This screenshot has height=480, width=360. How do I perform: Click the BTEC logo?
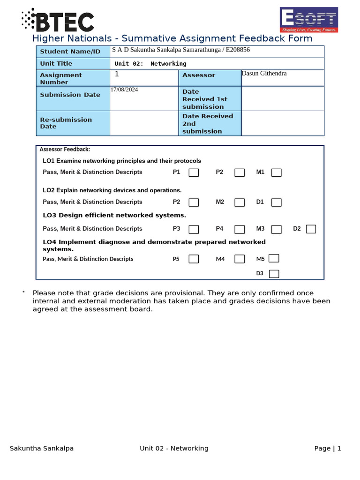point(58,21)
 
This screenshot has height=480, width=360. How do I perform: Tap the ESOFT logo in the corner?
point(308,20)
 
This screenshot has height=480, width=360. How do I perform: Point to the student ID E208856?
point(237,50)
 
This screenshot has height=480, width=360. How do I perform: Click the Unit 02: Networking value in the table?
point(150,64)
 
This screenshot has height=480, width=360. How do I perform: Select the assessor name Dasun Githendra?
point(264,74)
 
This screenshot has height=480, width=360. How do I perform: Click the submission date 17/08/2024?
point(124,90)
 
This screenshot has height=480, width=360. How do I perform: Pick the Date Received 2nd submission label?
point(208,124)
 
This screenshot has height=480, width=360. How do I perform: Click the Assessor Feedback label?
point(65,150)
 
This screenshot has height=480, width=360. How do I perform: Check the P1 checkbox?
point(194,172)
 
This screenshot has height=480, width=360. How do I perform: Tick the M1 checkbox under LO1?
point(277,172)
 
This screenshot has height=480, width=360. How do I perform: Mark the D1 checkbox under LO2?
point(277,202)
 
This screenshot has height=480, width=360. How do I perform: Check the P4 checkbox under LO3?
point(240,229)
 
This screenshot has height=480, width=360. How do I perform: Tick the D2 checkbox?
point(311,229)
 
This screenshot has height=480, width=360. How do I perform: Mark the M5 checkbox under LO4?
point(274,258)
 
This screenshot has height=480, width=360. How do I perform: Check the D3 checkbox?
point(274,274)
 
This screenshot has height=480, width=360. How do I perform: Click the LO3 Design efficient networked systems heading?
point(114,215)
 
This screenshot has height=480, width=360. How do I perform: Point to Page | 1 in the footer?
point(328,449)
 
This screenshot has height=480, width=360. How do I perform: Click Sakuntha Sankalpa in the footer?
point(42,449)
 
